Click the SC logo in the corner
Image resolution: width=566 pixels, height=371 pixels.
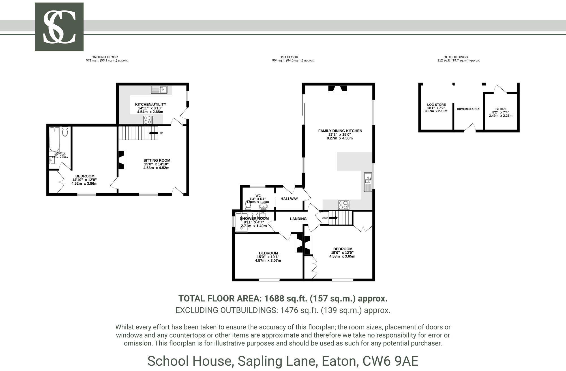[59, 27]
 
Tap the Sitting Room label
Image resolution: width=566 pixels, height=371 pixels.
[157, 160]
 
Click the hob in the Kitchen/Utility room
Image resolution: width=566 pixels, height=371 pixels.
[148, 120]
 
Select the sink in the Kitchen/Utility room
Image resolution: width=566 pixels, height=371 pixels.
[159, 90]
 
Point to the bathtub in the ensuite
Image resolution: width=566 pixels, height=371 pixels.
[54, 139]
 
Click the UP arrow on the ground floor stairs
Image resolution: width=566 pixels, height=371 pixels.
[153, 133]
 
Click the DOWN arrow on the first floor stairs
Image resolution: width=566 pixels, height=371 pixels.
[333, 218]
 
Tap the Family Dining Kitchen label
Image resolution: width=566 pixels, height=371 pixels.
[340, 131]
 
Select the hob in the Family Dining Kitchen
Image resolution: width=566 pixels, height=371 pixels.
[344, 205]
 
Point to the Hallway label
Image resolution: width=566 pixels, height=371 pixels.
[289, 199]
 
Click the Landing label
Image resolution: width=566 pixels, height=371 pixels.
[298, 219]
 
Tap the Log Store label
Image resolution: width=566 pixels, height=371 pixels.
[436, 105]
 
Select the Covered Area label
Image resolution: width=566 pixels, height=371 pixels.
[468, 109]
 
